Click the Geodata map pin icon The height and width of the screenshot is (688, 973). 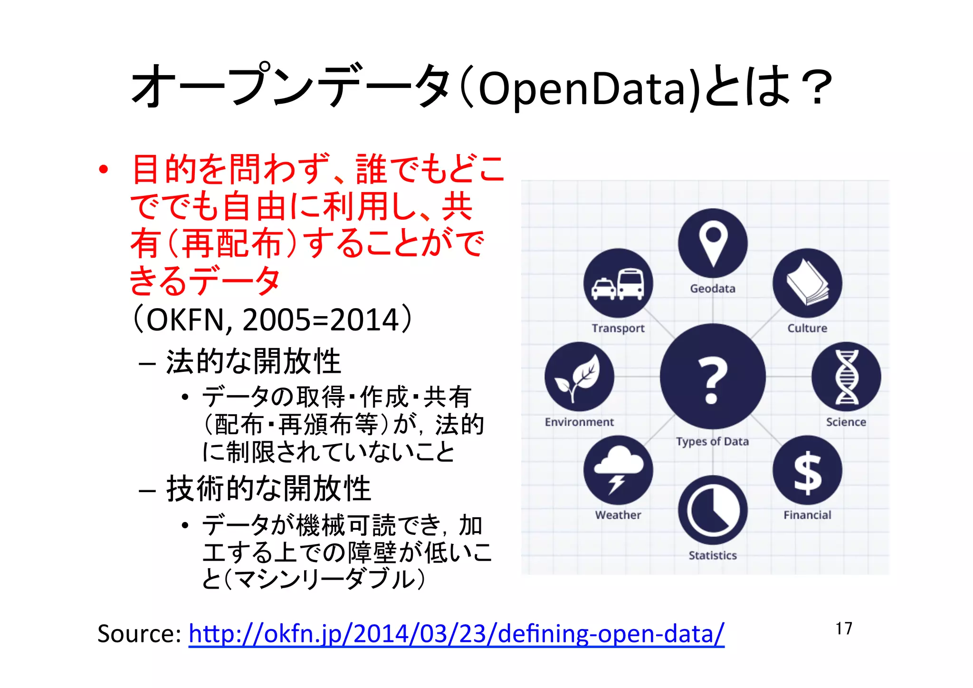(x=713, y=243)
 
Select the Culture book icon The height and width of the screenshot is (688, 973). (x=807, y=283)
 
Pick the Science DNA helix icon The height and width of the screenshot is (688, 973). (x=846, y=377)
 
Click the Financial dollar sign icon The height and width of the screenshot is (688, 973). (x=807, y=470)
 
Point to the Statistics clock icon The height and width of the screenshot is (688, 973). (x=713, y=510)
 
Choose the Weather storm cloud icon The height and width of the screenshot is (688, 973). (x=618, y=470)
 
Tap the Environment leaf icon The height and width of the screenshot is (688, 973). (x=579, y=377)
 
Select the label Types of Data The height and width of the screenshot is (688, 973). (x=712, y=442)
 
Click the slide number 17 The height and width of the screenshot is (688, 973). (x=844, y=629)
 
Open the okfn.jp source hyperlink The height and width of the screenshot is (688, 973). (x=456, y=634)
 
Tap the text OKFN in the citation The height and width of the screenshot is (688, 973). (x=188, y=320)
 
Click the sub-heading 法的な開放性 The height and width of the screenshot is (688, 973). (x=253, y=361)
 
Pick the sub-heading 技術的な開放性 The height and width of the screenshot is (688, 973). (x=268, y=489)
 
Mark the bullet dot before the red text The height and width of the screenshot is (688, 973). (x=104, y=170)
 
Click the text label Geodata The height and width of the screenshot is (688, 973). (x=713, y=289)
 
